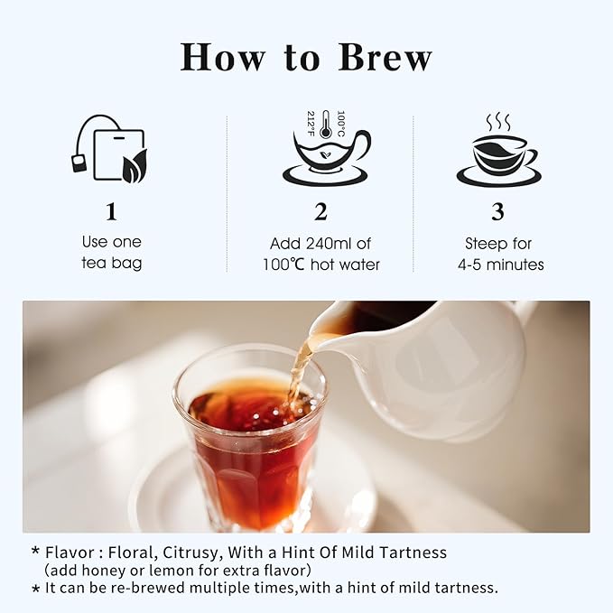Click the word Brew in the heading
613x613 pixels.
385,57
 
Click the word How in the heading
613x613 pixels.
222,57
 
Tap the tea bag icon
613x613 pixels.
110,149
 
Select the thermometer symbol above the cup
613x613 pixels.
325,125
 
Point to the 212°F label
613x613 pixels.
311,124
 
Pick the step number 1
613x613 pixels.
111,212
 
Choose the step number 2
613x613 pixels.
320,212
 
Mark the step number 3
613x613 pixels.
497,212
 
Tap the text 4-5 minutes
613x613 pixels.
501,265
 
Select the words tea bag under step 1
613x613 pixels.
112,263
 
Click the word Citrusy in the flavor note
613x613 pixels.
190,553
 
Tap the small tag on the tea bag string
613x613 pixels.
79,163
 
